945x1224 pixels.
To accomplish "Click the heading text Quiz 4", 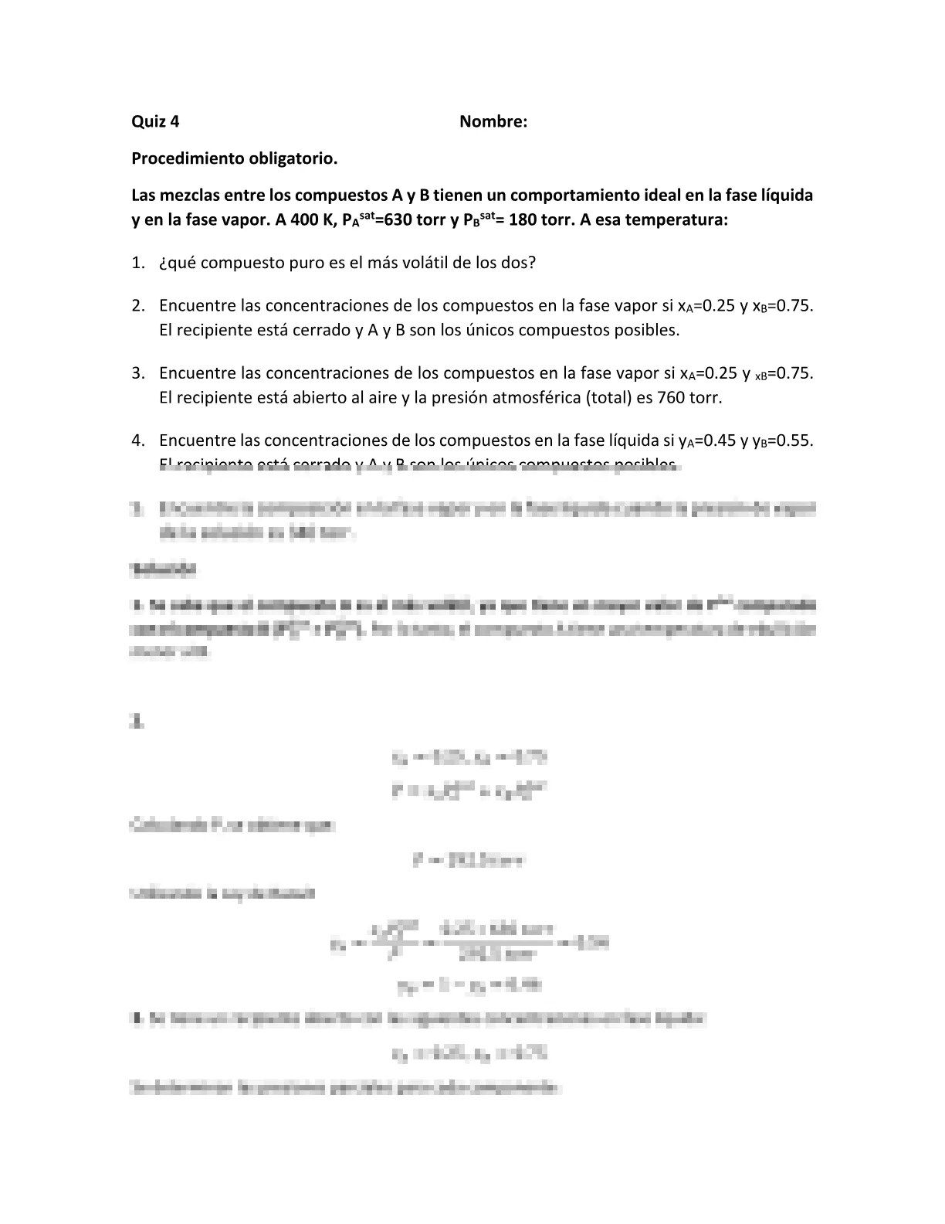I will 155,121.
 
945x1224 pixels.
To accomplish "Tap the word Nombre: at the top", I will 493,121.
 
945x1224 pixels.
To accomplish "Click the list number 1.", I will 137,263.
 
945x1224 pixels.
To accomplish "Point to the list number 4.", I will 137,441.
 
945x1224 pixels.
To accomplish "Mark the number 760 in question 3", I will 671,398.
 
